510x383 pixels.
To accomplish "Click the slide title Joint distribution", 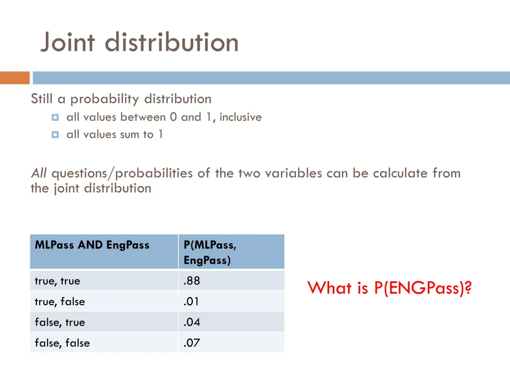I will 139,42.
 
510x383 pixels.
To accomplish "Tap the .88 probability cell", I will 192,281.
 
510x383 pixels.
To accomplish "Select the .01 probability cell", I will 192,302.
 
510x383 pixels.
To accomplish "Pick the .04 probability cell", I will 192,322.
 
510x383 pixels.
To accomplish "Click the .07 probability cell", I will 192,343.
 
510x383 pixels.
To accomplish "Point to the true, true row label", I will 57,281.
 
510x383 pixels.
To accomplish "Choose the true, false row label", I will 60,302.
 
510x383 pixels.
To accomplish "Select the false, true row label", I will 60,323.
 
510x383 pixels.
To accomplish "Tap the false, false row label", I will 62,343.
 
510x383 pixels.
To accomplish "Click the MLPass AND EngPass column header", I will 92,245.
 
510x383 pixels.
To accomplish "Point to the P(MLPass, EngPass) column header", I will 210,252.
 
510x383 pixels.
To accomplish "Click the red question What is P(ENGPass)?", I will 389,288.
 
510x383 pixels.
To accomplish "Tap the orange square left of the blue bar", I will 15,78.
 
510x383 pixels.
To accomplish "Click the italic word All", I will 39,174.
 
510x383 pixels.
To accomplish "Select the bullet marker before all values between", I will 55,118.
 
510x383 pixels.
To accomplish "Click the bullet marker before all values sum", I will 55,135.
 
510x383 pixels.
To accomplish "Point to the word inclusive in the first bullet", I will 240,117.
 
